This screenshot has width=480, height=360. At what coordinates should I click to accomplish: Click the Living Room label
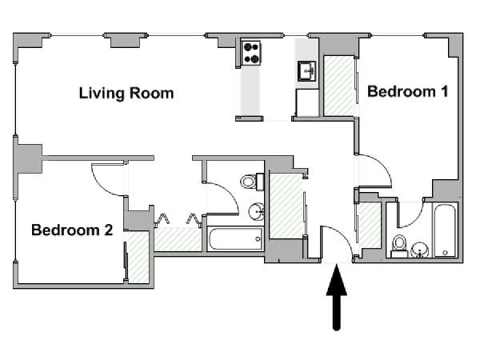coord(126,93)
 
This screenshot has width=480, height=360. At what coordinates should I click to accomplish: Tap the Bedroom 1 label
coord(407,91)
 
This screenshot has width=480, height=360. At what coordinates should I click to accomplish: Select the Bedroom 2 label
coord(72,230)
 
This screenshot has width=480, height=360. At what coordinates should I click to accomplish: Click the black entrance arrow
coord(337,298)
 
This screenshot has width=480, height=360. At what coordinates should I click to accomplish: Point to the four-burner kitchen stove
coord(251,54)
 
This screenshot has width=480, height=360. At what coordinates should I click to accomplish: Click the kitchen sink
coord(306,71)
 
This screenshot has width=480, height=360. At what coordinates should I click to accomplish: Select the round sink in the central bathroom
coord(256,211)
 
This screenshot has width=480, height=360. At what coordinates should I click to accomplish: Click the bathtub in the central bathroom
coord(235,238)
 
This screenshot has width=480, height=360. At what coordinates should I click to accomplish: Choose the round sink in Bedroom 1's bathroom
coord(419,250)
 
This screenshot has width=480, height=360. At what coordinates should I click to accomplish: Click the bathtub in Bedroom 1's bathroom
coord(445,230)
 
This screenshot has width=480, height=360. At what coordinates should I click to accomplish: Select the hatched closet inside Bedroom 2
coord(138,257)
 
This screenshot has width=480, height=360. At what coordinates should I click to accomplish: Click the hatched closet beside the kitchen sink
coord(338,86)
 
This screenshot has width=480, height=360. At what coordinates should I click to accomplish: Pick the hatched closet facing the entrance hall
coord(286,206)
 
